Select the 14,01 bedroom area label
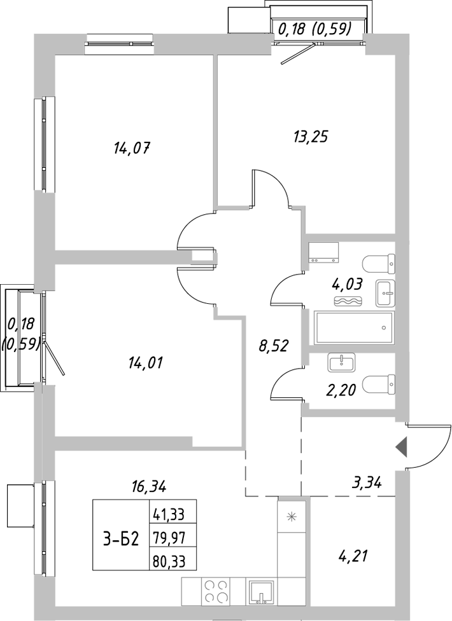coord(145,364)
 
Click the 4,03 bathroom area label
coord(347,283)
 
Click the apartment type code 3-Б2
coord(121,539)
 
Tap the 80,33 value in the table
coord(173,561)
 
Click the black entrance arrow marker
coord(401,448)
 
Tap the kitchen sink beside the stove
coord(261,592)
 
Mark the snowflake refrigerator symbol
coord(292,516)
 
